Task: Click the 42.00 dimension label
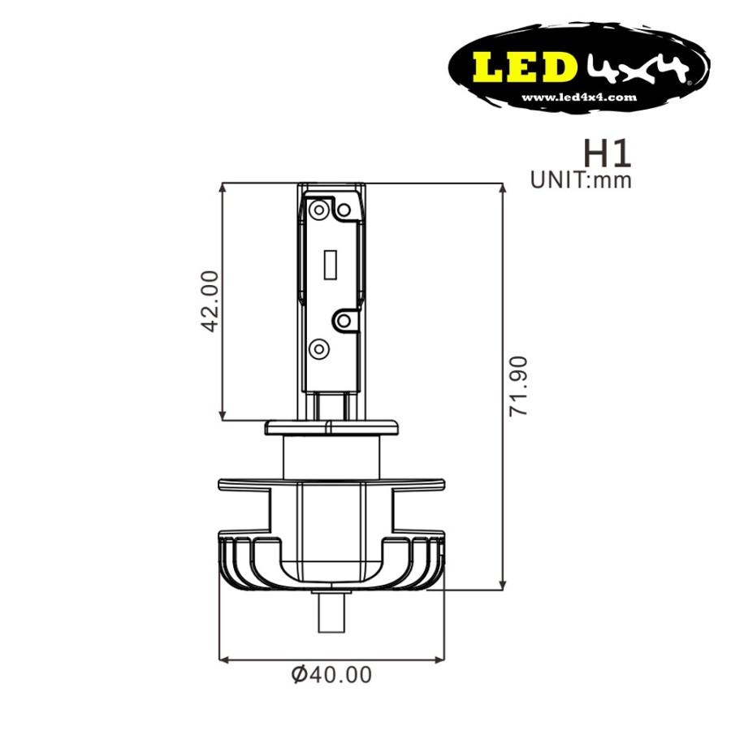coord(210,301)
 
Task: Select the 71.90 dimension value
coord(520,386)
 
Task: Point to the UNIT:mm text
coord(580,180)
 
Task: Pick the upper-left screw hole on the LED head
coord(319,209)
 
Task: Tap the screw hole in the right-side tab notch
coord(344,321)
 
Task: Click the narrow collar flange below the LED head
coord(333,426)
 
